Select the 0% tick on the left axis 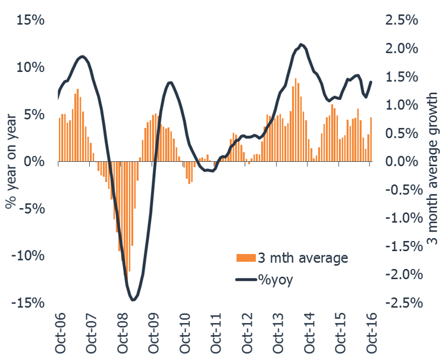tap(34, 161)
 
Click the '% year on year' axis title tap(10, 161)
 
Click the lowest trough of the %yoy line tap(133, 299)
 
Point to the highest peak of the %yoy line tap(301, 44)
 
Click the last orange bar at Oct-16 tap(371, 139)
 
